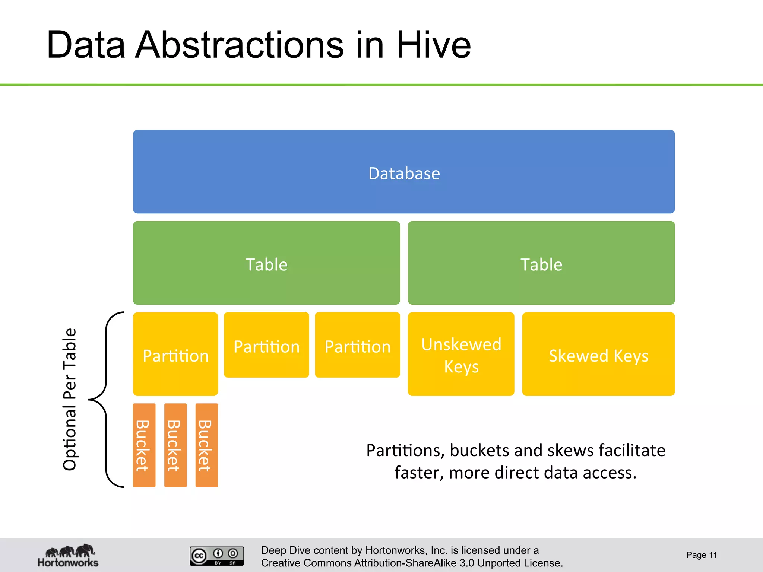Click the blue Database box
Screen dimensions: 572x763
[404, 172]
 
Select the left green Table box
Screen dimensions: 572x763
[266, 263]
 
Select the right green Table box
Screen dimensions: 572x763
[541, 263]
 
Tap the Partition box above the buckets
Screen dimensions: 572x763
[175, 354]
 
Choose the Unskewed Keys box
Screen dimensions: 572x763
[461, 354]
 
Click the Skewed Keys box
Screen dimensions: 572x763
[598, 354]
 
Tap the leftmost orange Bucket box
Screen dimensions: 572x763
[144, 445]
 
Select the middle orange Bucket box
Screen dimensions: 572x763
[175, 445]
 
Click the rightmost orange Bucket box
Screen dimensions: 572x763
[207, 445]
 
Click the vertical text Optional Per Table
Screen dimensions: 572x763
[70, 400]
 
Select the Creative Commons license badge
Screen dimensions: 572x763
[217, 556]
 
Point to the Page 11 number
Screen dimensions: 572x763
[702, 555]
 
